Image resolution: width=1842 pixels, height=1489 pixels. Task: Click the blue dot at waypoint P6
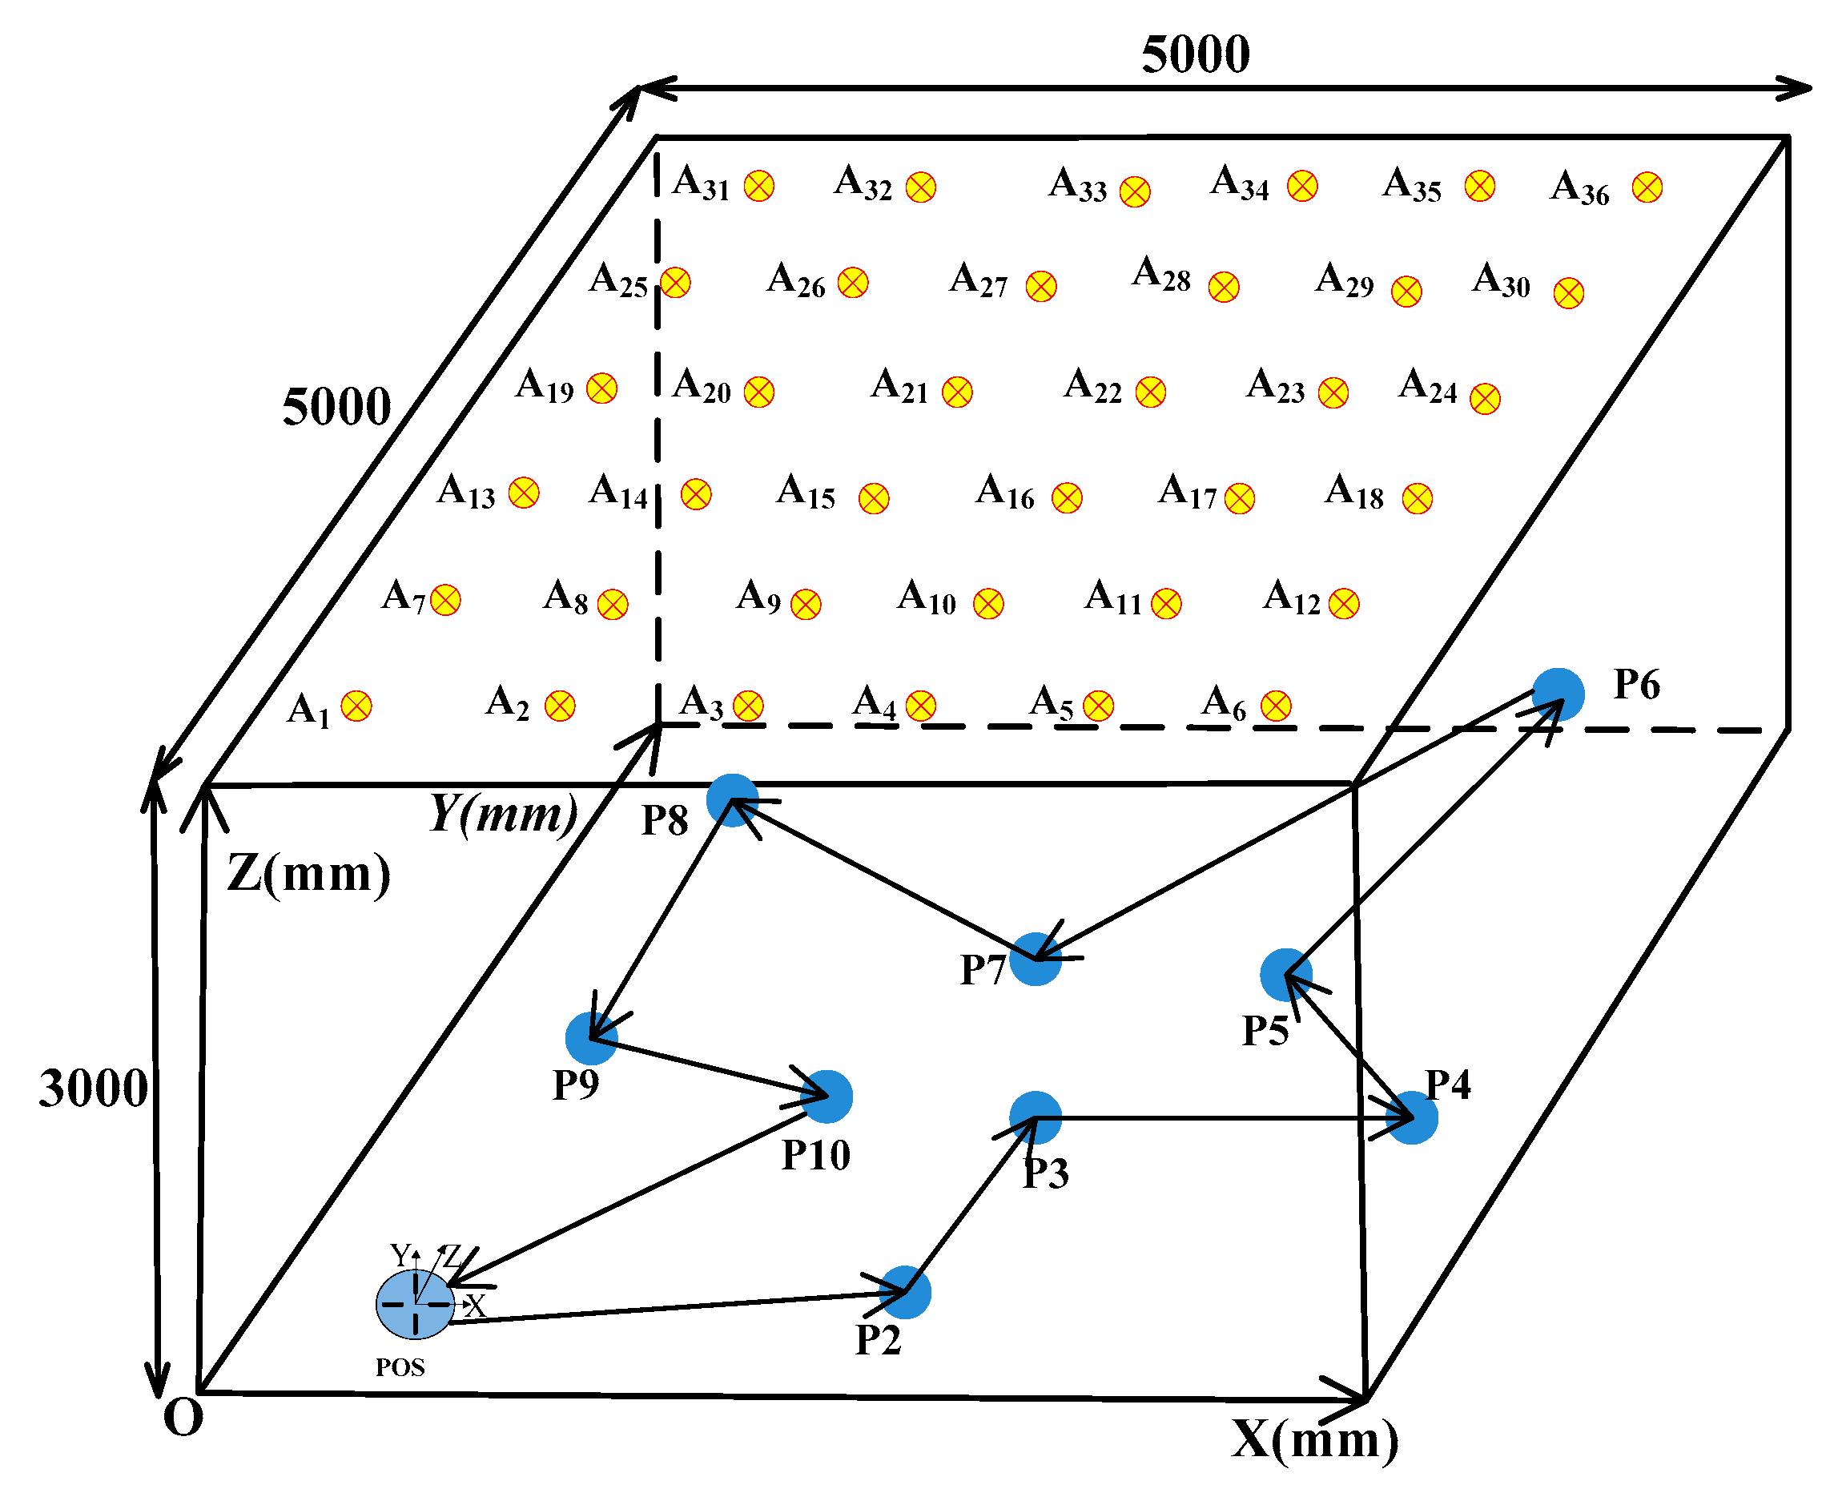tap(1558, 694)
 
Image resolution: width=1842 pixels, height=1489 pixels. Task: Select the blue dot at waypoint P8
tap(732, 799)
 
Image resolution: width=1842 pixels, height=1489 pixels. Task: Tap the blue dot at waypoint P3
tap(1035, 1117)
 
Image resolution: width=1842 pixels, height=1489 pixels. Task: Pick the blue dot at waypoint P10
tap(826, 1097)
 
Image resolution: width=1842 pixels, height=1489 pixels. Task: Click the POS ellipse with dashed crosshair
tap(415, 1304)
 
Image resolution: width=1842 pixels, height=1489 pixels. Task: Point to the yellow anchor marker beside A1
tap(356, 706)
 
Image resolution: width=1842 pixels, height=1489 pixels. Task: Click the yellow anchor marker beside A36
tap(1647, 187)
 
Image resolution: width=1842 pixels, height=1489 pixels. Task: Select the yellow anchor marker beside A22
tap(1150, 392)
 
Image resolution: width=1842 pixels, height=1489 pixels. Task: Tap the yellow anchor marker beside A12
tap(1343, 604)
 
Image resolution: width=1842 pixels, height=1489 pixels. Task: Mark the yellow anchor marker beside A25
tap(675, 282)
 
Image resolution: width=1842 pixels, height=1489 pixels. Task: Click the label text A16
tap(1005, 493)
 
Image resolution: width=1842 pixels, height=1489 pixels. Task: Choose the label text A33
tap(1077, 185)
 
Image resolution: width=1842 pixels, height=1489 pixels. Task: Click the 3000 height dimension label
tap(93, 1089)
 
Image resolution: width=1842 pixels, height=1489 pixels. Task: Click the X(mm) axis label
tap(1314, 1439)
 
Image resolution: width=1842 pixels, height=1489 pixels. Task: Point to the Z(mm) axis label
tap(308, 873)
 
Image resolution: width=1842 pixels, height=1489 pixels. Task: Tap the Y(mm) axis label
tap(504, 814)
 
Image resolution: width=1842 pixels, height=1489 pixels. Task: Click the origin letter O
tap(183, 1418)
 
